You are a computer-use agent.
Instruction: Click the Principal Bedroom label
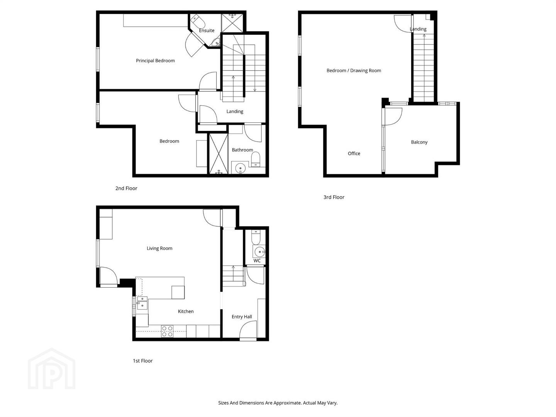click(x=155, y=61)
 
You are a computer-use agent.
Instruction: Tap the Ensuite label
click(x=207, y=31)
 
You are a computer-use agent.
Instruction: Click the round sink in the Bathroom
click(x=240, y=168)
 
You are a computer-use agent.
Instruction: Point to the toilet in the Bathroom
click(x=256, y=159)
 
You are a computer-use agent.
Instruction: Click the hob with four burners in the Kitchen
click(x=168, y=331)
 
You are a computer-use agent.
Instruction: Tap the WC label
click(x=257, y=261)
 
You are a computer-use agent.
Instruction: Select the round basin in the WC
click(x=259, y=252)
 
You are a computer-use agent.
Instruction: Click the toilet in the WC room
click(x=256, y=237)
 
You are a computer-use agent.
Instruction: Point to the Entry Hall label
click(x=242, y=317)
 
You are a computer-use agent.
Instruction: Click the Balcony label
click(x=419, y=142)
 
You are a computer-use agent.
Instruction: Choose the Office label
click(x=354, y=153)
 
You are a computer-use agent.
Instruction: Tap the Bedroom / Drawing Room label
click(x=354, y=71)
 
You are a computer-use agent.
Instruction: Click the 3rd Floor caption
click(x=334, y=197)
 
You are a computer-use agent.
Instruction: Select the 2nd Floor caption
click(x=126, y=188)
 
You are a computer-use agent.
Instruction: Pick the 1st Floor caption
click(x=142, y=361)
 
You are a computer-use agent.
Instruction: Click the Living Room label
click(x=159, y=248)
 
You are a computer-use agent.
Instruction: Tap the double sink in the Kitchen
click(x=142, y=303)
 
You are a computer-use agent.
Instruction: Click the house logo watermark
click(x=52, y=369)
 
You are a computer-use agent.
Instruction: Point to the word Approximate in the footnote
click(x=288, y=403)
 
